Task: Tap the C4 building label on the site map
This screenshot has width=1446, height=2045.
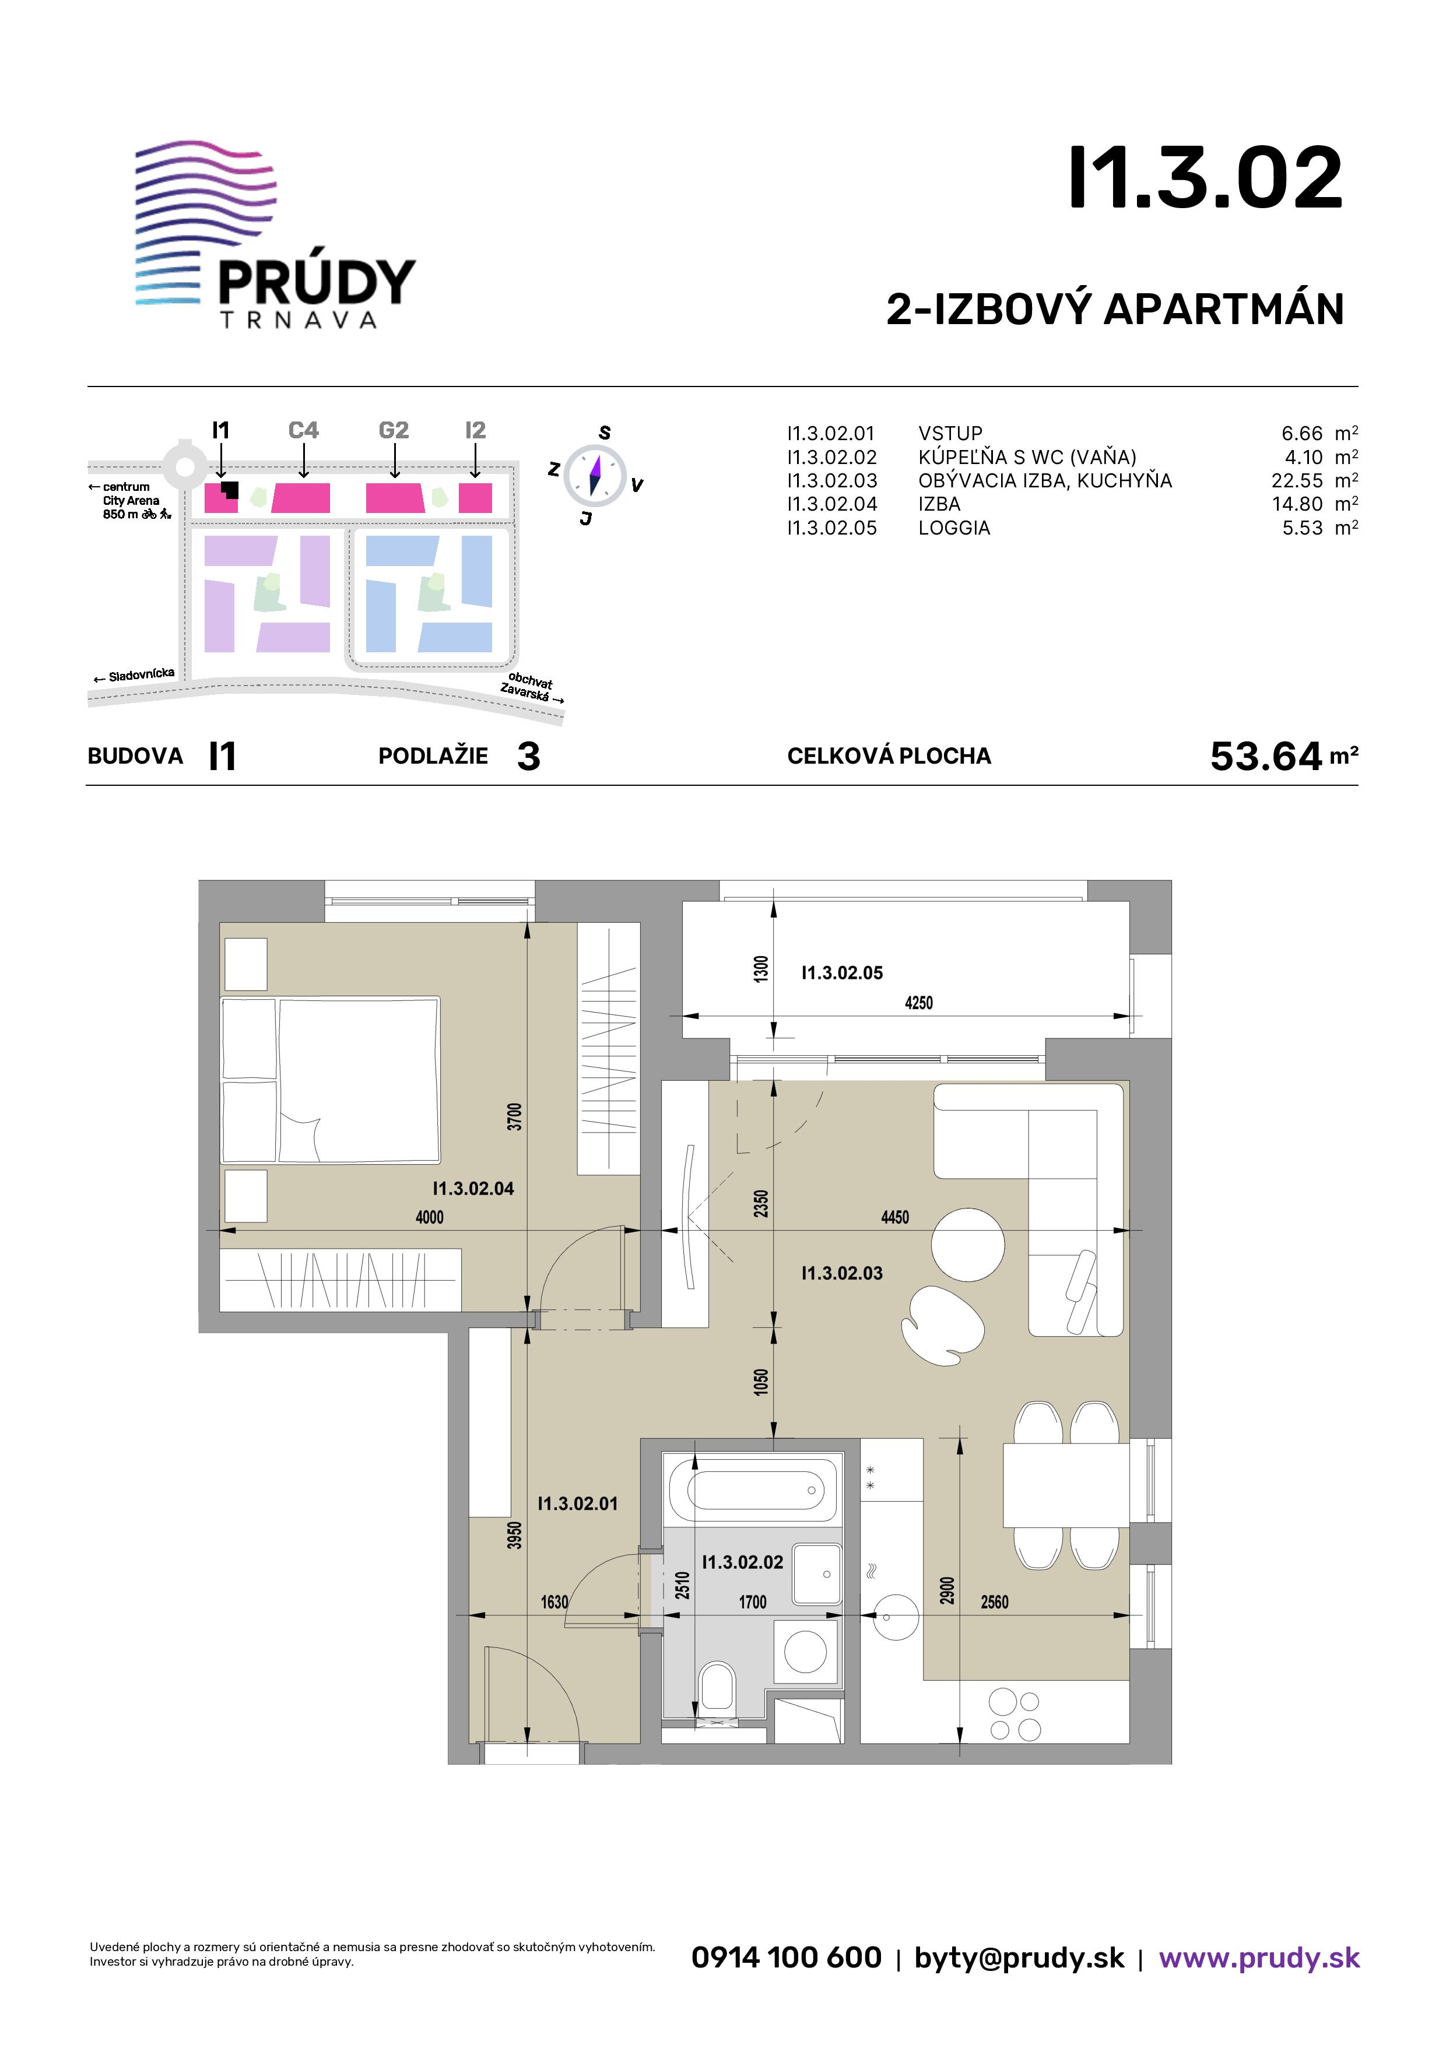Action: coord(304,430)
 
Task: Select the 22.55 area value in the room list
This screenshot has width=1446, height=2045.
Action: coord(1297,481)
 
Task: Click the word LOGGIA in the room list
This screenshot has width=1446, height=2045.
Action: coord(954,528)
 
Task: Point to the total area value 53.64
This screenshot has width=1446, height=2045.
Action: coord(1266,756)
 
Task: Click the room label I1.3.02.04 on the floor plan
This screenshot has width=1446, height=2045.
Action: coord(473,1188)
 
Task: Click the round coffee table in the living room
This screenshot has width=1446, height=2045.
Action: coord(967,1244)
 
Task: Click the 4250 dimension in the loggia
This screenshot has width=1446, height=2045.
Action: coord(918,1003)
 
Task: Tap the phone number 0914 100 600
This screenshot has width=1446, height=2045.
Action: coord(786,1958)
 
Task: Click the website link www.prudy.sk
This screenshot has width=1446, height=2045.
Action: coord(1259,1958)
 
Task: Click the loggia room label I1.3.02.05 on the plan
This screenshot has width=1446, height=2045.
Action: coord(842,972)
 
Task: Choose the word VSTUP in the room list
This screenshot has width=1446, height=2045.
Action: coord(950,434)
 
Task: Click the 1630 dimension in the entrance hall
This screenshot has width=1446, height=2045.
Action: coord(554,1603)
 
